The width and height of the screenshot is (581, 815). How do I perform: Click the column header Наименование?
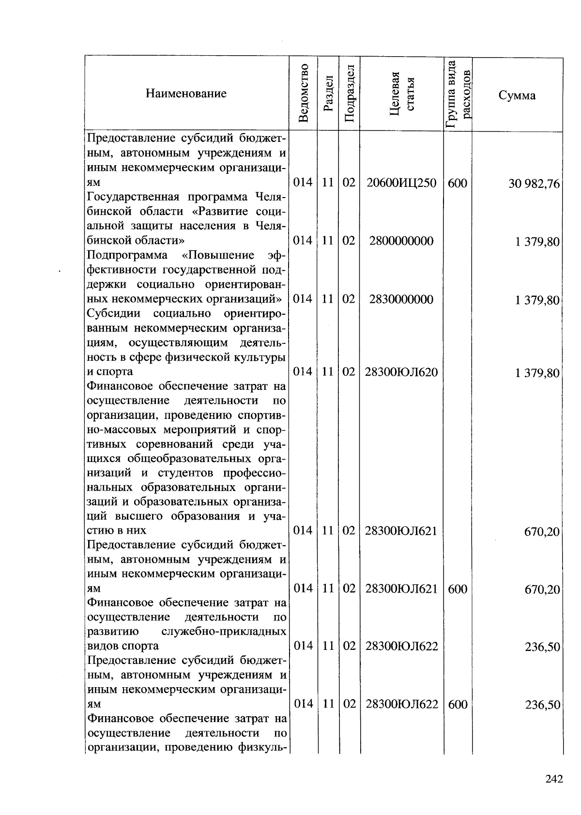pos(186,93)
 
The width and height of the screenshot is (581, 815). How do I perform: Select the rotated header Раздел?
pos(329,94)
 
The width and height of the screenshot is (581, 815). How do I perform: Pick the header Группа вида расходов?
pos(458,93)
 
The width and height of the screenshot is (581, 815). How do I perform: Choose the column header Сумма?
pos(517,95)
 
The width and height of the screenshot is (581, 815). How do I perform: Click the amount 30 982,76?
pos(534,184)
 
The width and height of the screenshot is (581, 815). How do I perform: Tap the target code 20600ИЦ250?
pos(401,183)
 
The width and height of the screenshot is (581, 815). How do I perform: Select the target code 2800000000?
pos(401,241)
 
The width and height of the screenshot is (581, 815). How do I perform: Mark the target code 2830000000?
pos(401,299)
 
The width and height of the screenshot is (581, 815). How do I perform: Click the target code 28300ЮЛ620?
pos(402,371)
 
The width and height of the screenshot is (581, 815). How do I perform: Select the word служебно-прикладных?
pos(223,631)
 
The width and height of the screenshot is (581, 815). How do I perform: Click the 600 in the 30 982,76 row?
pos(458,183)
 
